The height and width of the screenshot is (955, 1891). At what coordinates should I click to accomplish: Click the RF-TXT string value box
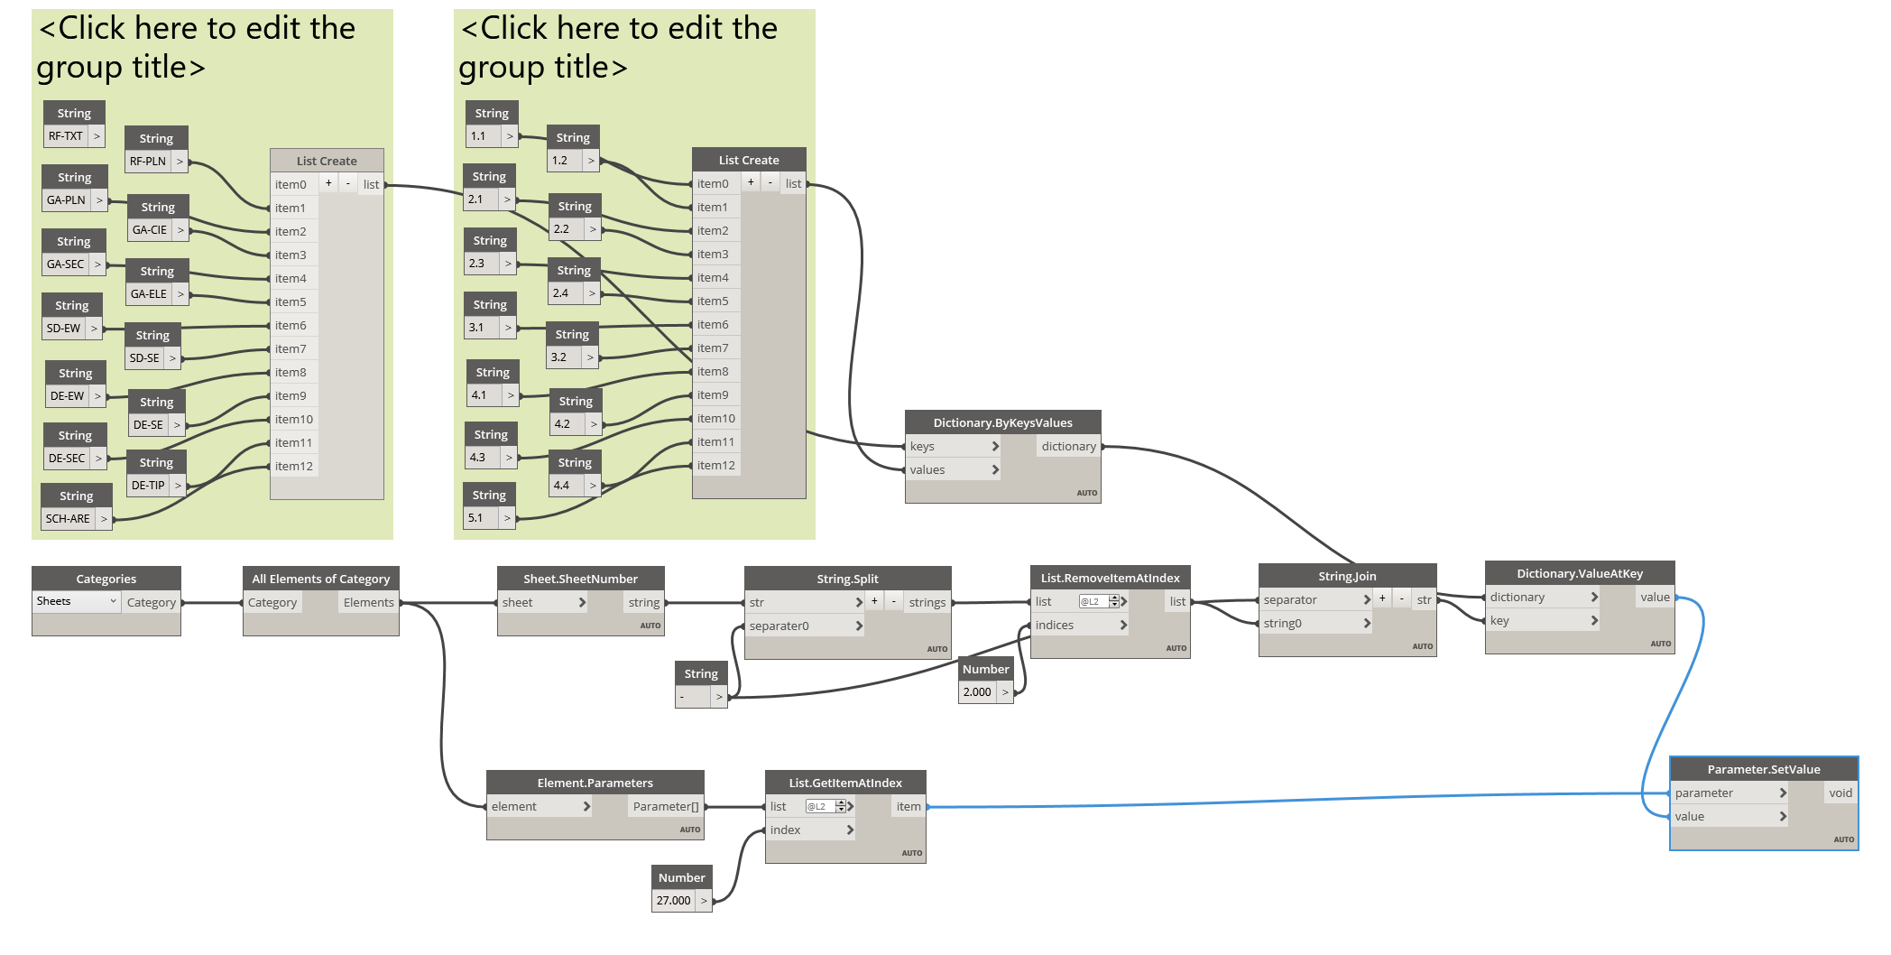(66, 136)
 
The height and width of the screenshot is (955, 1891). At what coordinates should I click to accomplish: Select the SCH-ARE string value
(69, 519)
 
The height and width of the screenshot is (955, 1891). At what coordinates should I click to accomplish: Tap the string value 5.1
(476, 518)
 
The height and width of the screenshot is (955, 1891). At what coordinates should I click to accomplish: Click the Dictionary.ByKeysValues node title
(1002, 422)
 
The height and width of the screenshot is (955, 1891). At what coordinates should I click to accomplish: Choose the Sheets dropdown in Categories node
(76, 601)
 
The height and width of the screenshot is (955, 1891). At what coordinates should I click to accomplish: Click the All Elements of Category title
(320, 579)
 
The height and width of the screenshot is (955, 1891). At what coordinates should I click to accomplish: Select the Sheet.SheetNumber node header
(580, 579)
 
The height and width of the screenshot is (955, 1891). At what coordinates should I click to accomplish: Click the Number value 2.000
(978, 692)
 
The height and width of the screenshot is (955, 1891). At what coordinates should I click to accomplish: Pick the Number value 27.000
(674, 901)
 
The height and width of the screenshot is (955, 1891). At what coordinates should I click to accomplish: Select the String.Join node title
(1347, 576)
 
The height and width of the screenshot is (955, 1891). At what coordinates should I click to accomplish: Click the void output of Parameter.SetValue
(1840, 793)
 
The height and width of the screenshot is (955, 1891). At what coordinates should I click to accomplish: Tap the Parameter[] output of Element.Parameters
(666, 806)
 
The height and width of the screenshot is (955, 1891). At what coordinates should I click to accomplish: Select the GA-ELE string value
(150, 294)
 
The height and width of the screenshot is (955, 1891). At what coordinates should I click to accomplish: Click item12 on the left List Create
(294, 466)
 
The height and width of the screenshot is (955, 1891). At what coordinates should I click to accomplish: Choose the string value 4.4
(562, 486)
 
